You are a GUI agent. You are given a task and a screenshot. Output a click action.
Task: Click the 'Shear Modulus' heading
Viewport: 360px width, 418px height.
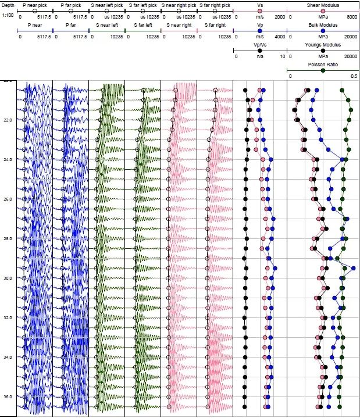(x=322, y=5)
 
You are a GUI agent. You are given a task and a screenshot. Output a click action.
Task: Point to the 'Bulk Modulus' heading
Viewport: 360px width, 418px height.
(x=322, y=26)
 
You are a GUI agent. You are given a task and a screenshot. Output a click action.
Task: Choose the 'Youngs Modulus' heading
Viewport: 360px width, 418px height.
(x=322, y=46)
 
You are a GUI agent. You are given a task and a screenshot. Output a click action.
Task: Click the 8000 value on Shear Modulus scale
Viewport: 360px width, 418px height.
(x=352, y=17)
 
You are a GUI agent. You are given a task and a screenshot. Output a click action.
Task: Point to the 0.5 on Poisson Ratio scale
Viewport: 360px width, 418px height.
(x=354, y=76)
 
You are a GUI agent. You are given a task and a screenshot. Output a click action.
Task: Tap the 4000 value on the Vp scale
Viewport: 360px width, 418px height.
(x=280, y=37)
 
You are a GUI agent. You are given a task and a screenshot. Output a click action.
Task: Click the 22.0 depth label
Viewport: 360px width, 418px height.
(x=7, y=120)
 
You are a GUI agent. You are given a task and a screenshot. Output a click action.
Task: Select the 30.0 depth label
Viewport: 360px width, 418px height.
(x=7, y=278)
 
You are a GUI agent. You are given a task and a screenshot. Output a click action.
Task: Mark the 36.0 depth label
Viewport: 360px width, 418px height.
(x=7, y=396)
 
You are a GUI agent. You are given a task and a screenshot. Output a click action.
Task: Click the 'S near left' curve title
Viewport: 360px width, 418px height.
(x=106, y=26)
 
